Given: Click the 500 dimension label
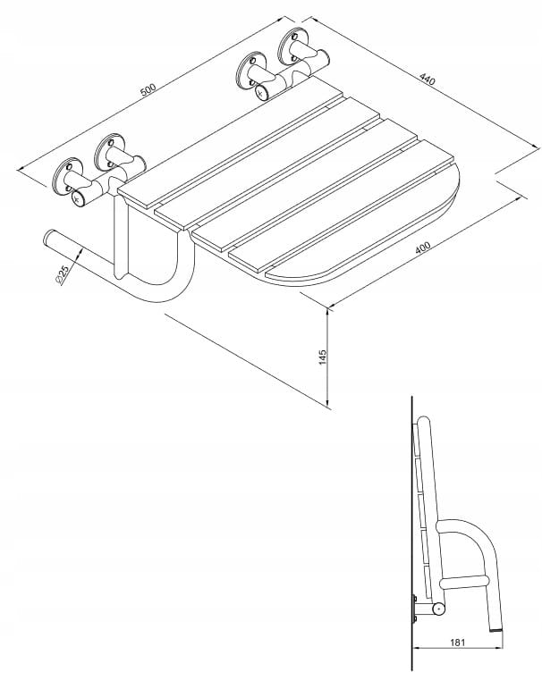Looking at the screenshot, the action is (x=148, y=89).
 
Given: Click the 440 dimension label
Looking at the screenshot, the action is (x=428, y=80).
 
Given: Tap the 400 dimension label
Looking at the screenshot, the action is (x=423, y=248).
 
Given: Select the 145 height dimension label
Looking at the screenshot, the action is (x=323, y=357).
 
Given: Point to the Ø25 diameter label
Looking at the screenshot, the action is (x=62, y=274).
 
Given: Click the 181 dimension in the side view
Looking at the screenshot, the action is (x=458, y=642).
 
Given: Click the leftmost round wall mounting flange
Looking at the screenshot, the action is (x=68, y=176).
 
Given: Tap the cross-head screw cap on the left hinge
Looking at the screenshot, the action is (x=79, y=198).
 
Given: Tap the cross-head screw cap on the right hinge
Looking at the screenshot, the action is (x=262, y=93).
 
